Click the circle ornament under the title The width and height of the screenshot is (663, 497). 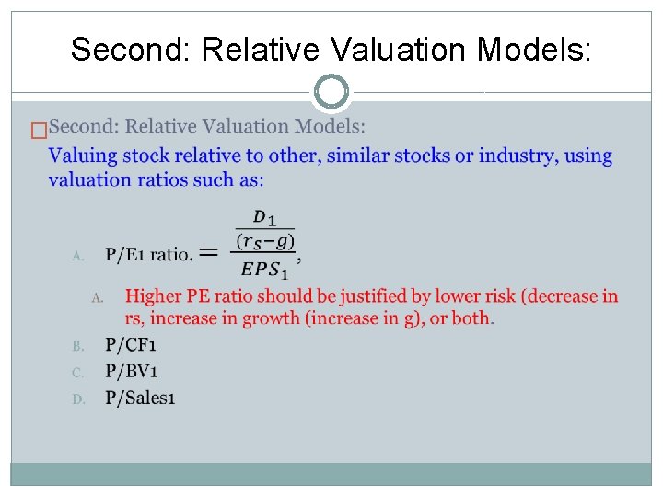click(331, 92)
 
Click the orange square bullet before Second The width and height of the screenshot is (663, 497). click(38, 131)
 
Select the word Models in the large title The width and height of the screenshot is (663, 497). click(533, 50)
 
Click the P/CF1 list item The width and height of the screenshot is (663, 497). click(131, 345)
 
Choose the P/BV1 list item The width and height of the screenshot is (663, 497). click(131, 372)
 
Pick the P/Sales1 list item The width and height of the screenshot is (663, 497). click(140, 398)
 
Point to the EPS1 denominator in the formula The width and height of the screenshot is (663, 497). click(265, 270)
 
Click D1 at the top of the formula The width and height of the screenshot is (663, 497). click(265, 217)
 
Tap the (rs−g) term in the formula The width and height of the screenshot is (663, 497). click(265, 241)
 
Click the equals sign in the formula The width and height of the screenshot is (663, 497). click(209, 251)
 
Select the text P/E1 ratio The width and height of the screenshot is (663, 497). click(148, 254)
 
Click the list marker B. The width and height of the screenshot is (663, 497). click(78, 347)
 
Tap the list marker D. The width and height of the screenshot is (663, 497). click(78, 399)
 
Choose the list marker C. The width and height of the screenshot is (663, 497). click(78, 373)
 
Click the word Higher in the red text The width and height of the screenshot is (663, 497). click(154, 296)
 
